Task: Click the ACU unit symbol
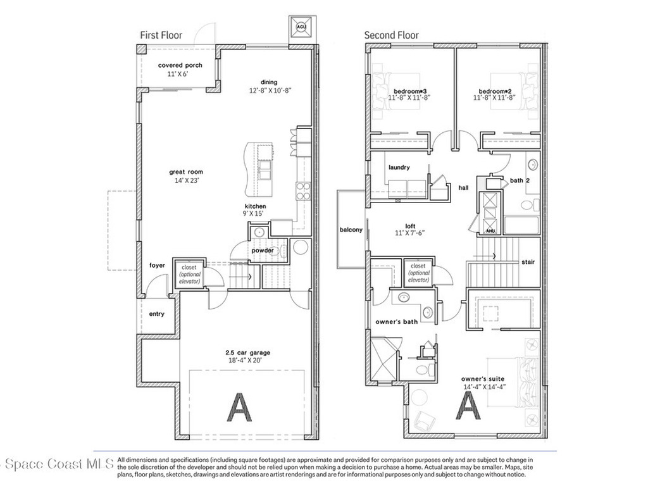(x=301, y=28)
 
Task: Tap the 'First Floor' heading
(x=161, y=35)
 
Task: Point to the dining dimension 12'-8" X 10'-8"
(x=270, y=90)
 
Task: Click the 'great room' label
(x=186, y=171)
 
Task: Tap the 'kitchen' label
(x=256, y=206)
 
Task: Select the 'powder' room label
(x=263, y=250)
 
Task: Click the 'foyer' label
(x=157, y=265)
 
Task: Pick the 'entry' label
(x=156, y=314)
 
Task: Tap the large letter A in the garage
(x=239, y=406)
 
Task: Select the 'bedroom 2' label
(x=494, y=90)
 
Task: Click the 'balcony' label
(x=351, y=230)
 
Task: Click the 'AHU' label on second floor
(x=490, y=231)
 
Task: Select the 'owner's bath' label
(x=397, y=322)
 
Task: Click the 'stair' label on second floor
(x=528, y=261)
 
